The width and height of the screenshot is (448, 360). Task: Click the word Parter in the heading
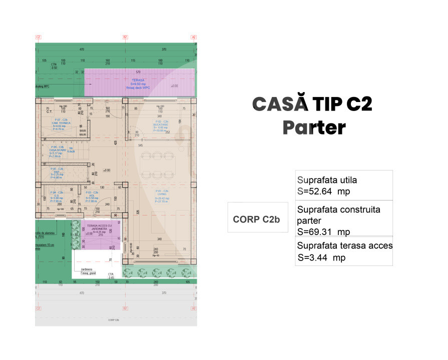(x=314, y=127)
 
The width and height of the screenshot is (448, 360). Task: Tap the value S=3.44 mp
(x=321, y=258)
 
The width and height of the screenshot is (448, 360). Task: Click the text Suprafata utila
(x=327, y=180)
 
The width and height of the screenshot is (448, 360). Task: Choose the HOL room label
(x=92, y=195)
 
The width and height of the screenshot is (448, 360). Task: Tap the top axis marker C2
(x=38, y=37)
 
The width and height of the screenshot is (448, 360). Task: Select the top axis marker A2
(x=194, y=37)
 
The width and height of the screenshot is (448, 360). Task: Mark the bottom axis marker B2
(x=125, y=308)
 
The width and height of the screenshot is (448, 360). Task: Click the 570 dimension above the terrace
(x=138, y=72)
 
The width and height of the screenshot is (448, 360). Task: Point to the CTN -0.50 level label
(x=54, y=65)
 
